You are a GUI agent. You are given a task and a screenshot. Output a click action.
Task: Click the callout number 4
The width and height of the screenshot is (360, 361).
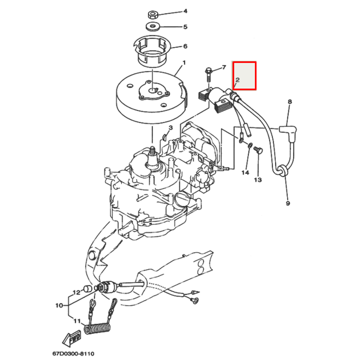point(185,11)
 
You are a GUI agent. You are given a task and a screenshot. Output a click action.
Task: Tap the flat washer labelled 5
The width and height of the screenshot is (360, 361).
point(153,26)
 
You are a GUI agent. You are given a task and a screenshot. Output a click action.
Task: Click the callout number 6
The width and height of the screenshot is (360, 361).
point(185,46)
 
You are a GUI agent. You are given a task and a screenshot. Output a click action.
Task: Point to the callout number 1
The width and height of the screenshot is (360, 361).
point(184,63)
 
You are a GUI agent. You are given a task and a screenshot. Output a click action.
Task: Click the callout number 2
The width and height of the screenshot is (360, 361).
point(238,80)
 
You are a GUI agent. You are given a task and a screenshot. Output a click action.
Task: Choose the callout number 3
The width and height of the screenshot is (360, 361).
point(171,128)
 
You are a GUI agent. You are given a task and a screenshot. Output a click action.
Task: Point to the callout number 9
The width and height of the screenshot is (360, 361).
point(288,203)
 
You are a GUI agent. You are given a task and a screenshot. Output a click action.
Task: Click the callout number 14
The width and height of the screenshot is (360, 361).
point(245,173)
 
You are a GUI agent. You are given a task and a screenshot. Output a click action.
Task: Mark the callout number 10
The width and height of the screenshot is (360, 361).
point(59,306)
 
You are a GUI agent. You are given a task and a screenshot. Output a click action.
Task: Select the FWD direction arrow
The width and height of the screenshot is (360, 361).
point(72,338)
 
